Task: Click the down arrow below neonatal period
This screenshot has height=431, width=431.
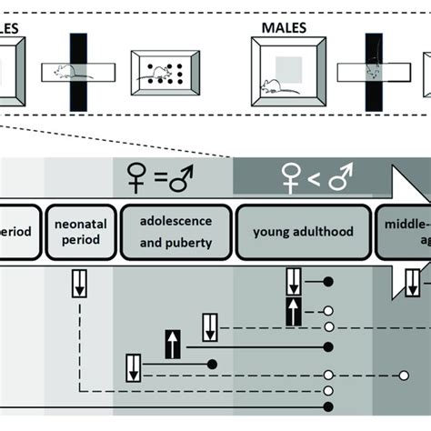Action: (x=80, y=286)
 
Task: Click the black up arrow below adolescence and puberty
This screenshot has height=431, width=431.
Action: (x=172, y=345)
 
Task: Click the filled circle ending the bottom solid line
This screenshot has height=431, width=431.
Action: (x=329, y=406)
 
